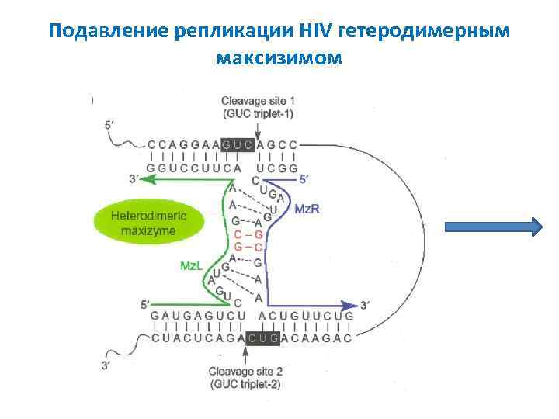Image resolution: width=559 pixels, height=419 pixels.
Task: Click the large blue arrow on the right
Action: (x=493, y=227)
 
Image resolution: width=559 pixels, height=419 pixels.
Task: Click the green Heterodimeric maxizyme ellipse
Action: (x=148, y=220)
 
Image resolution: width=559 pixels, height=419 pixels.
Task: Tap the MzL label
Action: (x=193, y=265)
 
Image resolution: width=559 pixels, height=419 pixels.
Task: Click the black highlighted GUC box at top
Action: (x=238, y=144)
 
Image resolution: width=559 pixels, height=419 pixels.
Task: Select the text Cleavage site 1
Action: (x=257, y=101)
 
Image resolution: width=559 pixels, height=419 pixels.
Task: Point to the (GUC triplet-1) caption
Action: (x=257, y=113)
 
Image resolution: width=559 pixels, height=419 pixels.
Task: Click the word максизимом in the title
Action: (x=279, y=57)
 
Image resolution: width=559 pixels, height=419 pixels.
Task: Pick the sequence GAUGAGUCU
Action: (x=198, y=317)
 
